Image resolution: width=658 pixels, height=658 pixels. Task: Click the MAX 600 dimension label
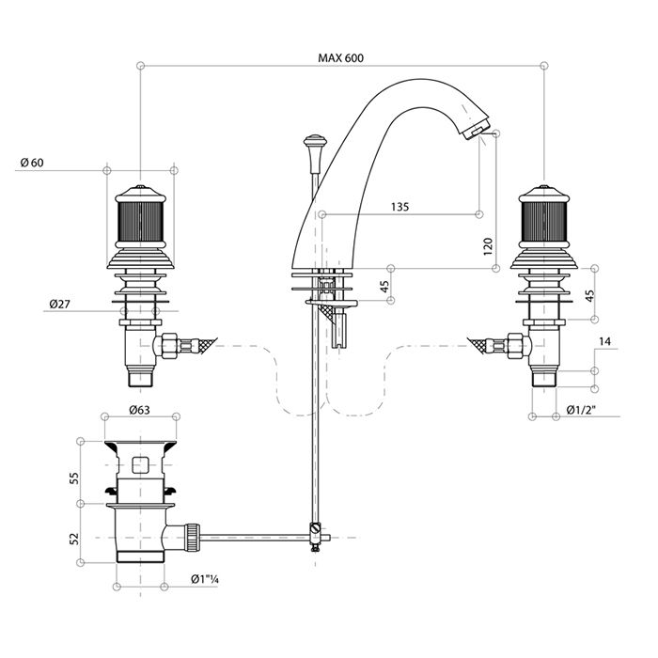coord(340,58)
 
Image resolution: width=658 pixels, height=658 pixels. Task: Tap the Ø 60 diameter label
coord(32,163)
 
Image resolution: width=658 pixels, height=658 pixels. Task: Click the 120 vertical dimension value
coord(488,247)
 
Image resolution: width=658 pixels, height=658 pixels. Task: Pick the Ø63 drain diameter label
coord(141,411)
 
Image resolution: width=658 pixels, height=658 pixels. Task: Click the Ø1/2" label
coord(585,409)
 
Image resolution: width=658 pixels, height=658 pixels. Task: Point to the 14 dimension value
coord(605,343)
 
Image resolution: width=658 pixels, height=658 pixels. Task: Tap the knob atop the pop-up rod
coord(314,145)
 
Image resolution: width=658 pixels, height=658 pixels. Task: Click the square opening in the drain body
coord(141,464)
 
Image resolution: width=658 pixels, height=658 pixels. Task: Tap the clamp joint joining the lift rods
coord(315,537)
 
